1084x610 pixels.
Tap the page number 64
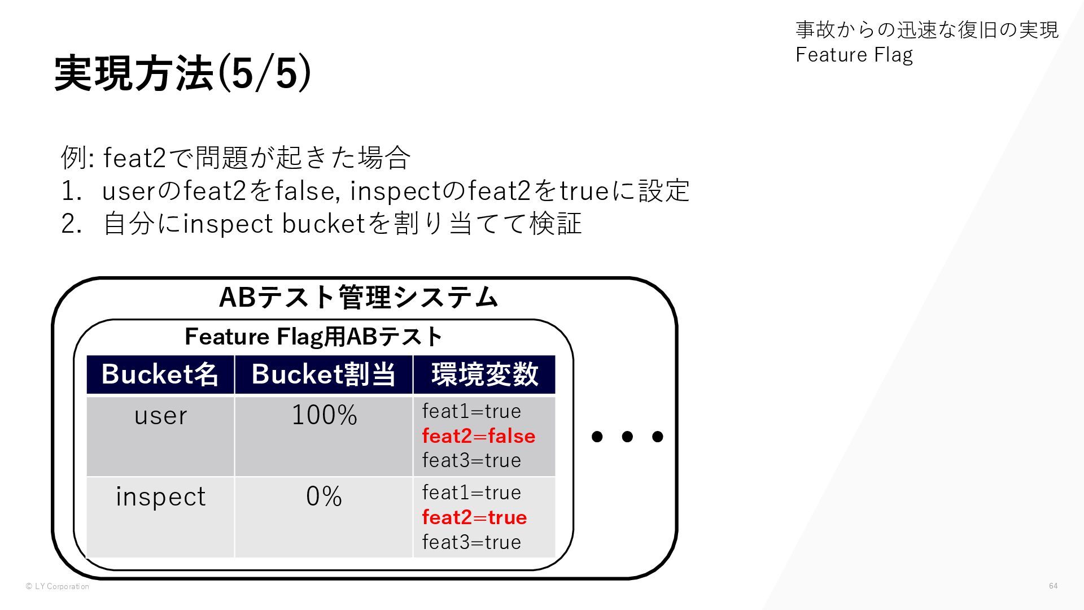[1053, 586]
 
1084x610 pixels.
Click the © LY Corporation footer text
[58, 586]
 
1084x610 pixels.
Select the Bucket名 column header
[160, 374]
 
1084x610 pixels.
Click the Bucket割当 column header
[324, 374]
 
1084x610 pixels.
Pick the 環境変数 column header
[484, 374]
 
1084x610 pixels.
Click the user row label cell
[160, 416]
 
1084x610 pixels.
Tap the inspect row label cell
[160, 496]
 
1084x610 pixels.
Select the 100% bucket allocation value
[324, 415]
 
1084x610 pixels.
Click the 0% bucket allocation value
[324, 496]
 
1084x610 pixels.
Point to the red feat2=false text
[479, 436]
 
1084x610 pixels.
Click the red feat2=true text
[474, 517]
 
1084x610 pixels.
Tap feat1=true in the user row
[471, 411]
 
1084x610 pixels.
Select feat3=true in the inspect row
[471, 542]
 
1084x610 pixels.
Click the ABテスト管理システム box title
[358, 297]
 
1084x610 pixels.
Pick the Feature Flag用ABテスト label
[313, 337]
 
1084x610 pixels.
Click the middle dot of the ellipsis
[627, 437]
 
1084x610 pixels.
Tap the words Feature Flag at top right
[854, 55]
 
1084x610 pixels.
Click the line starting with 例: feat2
[235, 158]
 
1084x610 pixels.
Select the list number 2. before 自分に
[72, 224]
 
